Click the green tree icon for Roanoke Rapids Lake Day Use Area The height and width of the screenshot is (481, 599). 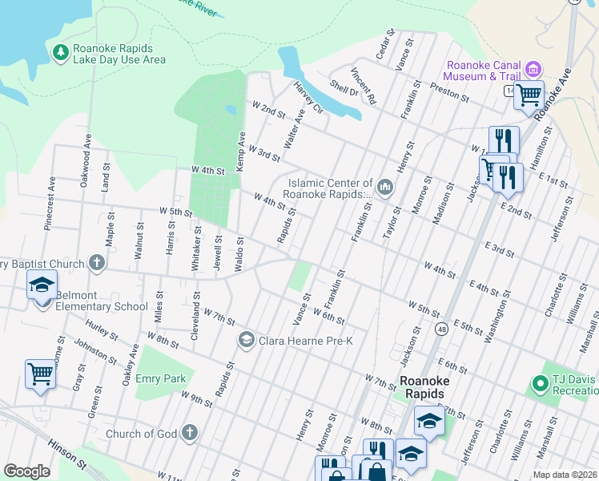tap(60, 53)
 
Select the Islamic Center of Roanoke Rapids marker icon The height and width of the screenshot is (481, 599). tap(384, 188)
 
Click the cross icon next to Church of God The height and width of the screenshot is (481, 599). tap(190, 434)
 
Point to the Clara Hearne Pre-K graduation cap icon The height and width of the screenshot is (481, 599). tap(246, 340)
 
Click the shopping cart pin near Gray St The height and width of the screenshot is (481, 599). tap(40, 373)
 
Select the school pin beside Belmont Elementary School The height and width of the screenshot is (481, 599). tap(42, 284)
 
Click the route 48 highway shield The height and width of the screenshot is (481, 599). tap(441, 328)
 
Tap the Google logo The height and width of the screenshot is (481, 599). tap(26, 471)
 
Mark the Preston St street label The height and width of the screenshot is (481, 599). tap(448, 91)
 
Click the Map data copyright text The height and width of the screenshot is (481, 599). tap(564, 475)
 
